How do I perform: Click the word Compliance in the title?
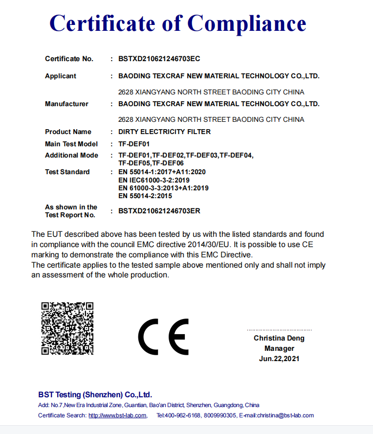pyautogui.click(x=247, y=23)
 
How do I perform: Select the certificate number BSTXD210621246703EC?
pyautogui.click(x=159, y=59)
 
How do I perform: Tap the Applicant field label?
pyautogui.click(x=61, y=76)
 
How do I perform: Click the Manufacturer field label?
pyautogui.click(x=66, y=104)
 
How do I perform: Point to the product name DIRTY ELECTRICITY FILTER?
pyautogui.click(x=165, y=132)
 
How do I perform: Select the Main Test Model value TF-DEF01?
pyautogui.click(x=134, y=144)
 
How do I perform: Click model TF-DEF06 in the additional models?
pyautogui.click(x=168, y=163)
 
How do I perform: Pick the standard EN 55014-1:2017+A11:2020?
pyautogui.click(x=162, y=172)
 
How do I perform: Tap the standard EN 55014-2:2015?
pyautogui.click(x=145, y=196)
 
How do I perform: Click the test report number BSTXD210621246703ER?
pyautogui.click(x=159, y=211)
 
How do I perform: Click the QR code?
pyautogui.click(x=67, y=328)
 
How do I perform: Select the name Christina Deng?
pyautogui.click(x=279, y=338)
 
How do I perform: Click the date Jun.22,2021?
pyautogui.click(x=279, y=359)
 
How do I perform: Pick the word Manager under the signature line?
pyautogui.click(x=279, y=348)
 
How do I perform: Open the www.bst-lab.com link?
pyautogui.click(x=117, y=415)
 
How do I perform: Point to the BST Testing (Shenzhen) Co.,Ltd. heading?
pyautogui.click(x=95, y=394)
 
